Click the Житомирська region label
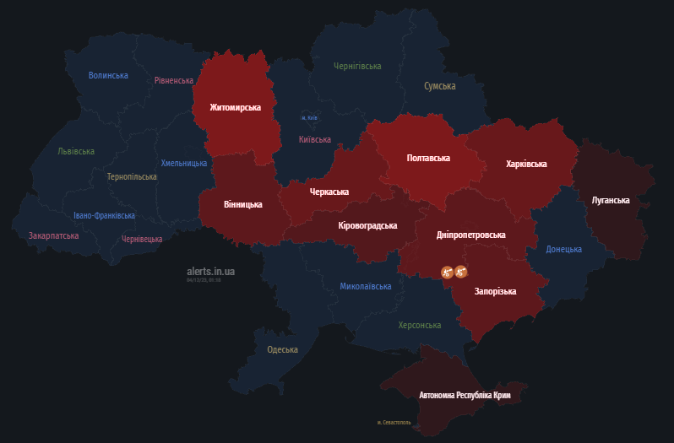coord(236,108)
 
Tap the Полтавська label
coord(428,158)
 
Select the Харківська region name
coord(526,164)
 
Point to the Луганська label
coord(611,200)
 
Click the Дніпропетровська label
coord(471,235)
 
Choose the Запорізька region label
coord(496,291)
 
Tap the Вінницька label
coord(243,204)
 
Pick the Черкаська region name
coord(329,192)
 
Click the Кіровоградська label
coord(367,226)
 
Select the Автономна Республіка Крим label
coord(465,395)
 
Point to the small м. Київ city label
coord(310,118)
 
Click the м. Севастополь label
coord(394,422)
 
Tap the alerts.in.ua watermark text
coord(210,271)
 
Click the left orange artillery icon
coord(447,272)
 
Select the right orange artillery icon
coord(461,272)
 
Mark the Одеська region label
coord(282,349)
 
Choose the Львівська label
coord(76,152)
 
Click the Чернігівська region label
coord(357,66)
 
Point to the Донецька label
coord(563,250)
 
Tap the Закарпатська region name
coord(53,236)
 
